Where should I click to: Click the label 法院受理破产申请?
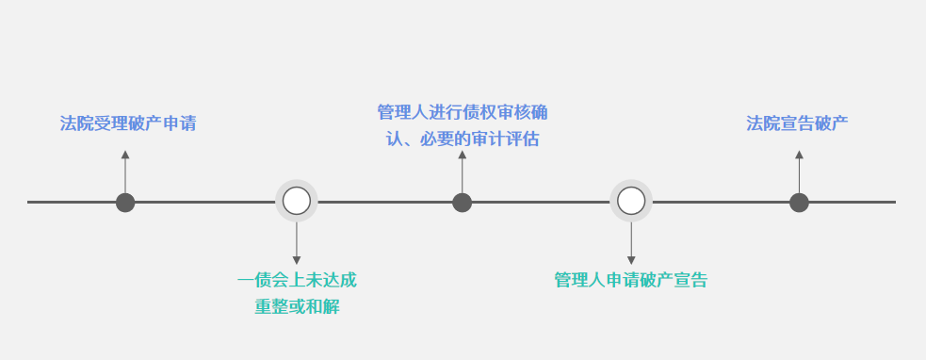(128, 123)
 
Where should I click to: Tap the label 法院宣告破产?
(797, 123)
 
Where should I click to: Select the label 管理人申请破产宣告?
(630, 280)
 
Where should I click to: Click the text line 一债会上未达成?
(297, 280)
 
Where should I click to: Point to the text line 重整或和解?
(297, 306)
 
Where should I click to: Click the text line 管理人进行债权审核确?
(462, 113)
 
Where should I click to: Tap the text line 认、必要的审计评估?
(462, 139)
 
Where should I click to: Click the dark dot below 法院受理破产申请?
(125, 202)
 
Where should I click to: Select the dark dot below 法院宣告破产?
(799, 202)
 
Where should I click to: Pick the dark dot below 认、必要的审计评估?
(462, 202)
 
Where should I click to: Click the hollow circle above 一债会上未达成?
(297, 201)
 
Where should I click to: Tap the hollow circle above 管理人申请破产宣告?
(630, 201)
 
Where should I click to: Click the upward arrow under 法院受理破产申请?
(125, 170)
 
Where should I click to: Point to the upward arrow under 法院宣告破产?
(799, 170)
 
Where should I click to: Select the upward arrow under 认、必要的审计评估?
(462, 170)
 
